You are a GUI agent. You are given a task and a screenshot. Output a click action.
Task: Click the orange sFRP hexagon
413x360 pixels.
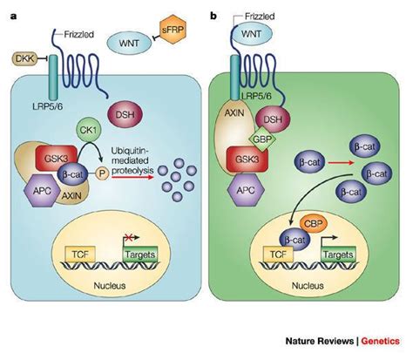(x=173, y=30)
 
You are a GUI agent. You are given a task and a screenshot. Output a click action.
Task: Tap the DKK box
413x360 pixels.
(x=24, y=58)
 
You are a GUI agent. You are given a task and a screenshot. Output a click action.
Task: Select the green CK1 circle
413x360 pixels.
(x=88, y=131)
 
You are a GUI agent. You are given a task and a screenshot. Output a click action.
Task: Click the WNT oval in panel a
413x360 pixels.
(x=129, y=44)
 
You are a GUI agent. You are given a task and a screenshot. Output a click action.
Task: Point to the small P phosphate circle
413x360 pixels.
(x=102, y=173)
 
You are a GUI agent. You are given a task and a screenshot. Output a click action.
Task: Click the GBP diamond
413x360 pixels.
(x=260, y=139)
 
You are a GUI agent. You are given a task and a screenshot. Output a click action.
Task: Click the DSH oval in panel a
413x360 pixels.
(x=125, y=114)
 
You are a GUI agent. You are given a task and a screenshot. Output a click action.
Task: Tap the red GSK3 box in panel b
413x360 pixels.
(x=247, y=160)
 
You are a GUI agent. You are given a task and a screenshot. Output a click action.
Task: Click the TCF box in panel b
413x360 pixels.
(x=278, y=255)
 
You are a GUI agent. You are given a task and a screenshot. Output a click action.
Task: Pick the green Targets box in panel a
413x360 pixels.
(x=140, y=255)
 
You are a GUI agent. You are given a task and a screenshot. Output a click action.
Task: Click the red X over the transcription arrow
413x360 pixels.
(x=129, y=237)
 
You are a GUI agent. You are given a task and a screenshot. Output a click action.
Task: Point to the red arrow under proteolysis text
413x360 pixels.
(x=132, y=177)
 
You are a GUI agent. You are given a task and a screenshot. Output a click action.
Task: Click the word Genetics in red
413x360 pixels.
(x=380, y=341)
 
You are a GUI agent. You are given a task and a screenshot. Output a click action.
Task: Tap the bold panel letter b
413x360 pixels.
(x=213, y=17)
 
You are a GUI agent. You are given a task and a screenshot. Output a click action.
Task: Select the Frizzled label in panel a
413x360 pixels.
(x=79, y=35)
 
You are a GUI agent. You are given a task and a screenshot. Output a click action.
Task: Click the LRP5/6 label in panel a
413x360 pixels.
(x=48, y=106)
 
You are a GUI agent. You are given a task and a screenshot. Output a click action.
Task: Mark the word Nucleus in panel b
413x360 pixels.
(x=308, y=286)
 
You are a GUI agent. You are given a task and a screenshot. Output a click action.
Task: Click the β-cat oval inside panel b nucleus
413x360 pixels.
(x=295, y=240)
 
